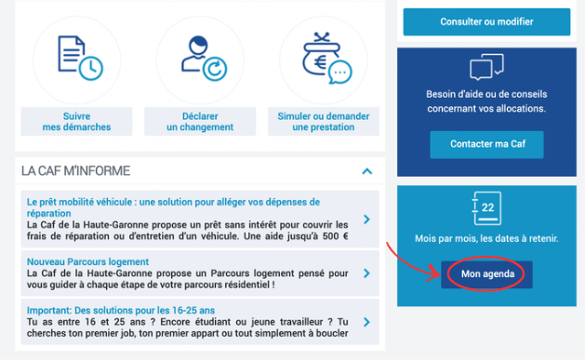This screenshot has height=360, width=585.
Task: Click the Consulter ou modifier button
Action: (486, 21)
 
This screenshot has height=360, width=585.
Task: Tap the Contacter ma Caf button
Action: (486, 144)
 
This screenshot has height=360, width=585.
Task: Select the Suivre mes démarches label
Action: (76, 122)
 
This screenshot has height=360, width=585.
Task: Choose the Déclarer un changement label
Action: (200, 122)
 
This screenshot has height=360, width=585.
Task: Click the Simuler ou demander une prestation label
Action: (324, 122)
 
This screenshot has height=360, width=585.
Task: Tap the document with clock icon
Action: (80, 58)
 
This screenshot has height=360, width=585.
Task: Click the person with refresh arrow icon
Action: (204, 58)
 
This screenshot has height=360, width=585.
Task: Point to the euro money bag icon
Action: (326, 58)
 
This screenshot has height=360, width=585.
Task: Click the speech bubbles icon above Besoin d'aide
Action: (486, 67)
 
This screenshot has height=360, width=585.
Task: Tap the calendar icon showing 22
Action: (486, 208)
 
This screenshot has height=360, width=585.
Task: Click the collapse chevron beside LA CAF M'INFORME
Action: (367, 171)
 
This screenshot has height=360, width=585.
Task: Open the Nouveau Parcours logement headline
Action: (87, 261)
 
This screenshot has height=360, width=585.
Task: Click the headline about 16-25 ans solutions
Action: (121, 310)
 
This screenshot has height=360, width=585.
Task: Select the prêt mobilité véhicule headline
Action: (173, 207)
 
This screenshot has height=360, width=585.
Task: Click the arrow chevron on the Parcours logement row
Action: (366, 273)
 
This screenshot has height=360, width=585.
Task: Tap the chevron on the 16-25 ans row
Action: (366, 322)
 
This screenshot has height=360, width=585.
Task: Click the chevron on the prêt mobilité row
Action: (366, 220)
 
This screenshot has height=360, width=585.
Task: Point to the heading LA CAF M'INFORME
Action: (75, 171)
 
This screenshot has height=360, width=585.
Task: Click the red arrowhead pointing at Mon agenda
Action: (435, 273)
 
